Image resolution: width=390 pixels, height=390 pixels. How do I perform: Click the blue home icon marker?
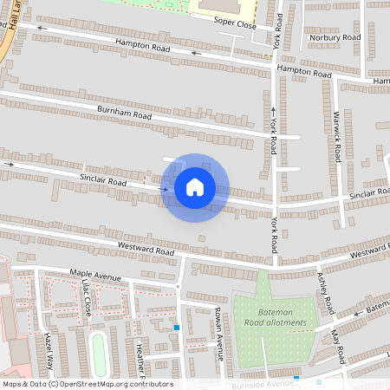point(195,187)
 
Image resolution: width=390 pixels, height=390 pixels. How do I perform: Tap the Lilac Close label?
point(86,297)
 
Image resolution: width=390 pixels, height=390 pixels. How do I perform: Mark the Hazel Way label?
point(49,352)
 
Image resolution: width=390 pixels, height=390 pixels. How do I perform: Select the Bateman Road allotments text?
point(283,317)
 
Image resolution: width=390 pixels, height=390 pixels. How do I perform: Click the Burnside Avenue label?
point(260,382)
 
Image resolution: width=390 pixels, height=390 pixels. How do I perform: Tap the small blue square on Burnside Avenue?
point(296,378)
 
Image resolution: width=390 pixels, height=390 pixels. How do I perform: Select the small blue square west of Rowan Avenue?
point(177,328)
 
